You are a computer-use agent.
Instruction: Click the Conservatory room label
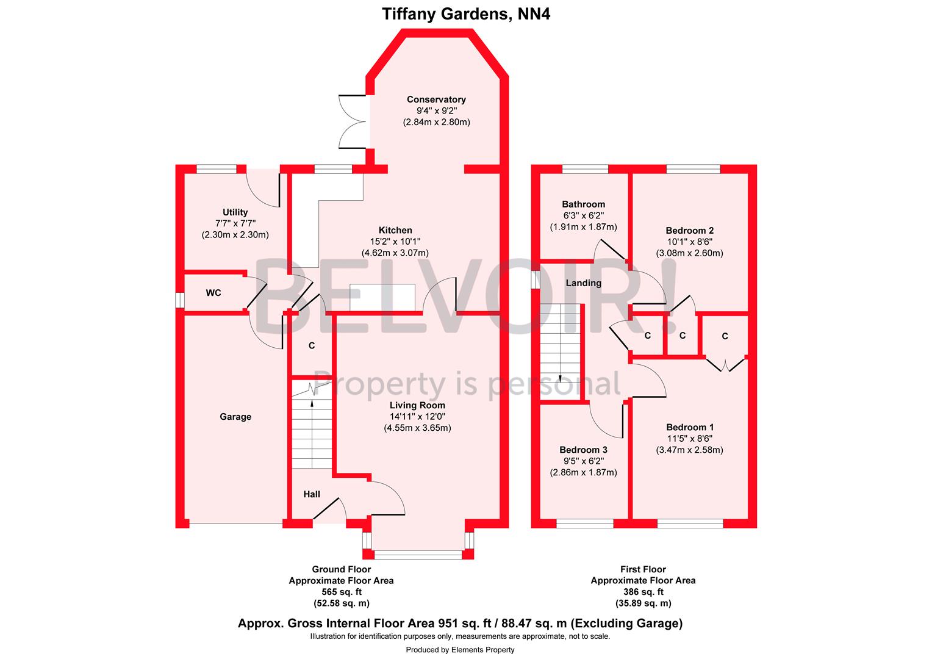coord(436,99)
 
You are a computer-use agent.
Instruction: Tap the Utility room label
coord(235,212)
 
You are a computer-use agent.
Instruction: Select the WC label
coord(213,293)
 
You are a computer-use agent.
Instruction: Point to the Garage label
coord(235,417)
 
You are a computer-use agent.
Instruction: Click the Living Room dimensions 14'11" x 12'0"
coord(417,416)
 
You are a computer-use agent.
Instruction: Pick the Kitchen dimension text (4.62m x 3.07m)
coord(395,253)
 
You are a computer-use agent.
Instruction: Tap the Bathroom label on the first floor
coord(583,204)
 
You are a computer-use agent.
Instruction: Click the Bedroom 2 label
coord(689,231)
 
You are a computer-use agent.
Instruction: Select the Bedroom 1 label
coord(689,427)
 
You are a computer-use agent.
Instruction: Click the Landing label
coord(583,283)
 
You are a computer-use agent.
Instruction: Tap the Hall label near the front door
coord(312,494)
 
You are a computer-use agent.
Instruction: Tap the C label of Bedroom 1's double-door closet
coord(725,336)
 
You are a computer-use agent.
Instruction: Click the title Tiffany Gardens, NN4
coord(466,14)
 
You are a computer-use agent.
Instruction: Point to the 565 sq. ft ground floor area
coord(341,592)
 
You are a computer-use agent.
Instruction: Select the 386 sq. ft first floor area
coord(643,592)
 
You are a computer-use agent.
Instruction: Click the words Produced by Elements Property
coord(460,650)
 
